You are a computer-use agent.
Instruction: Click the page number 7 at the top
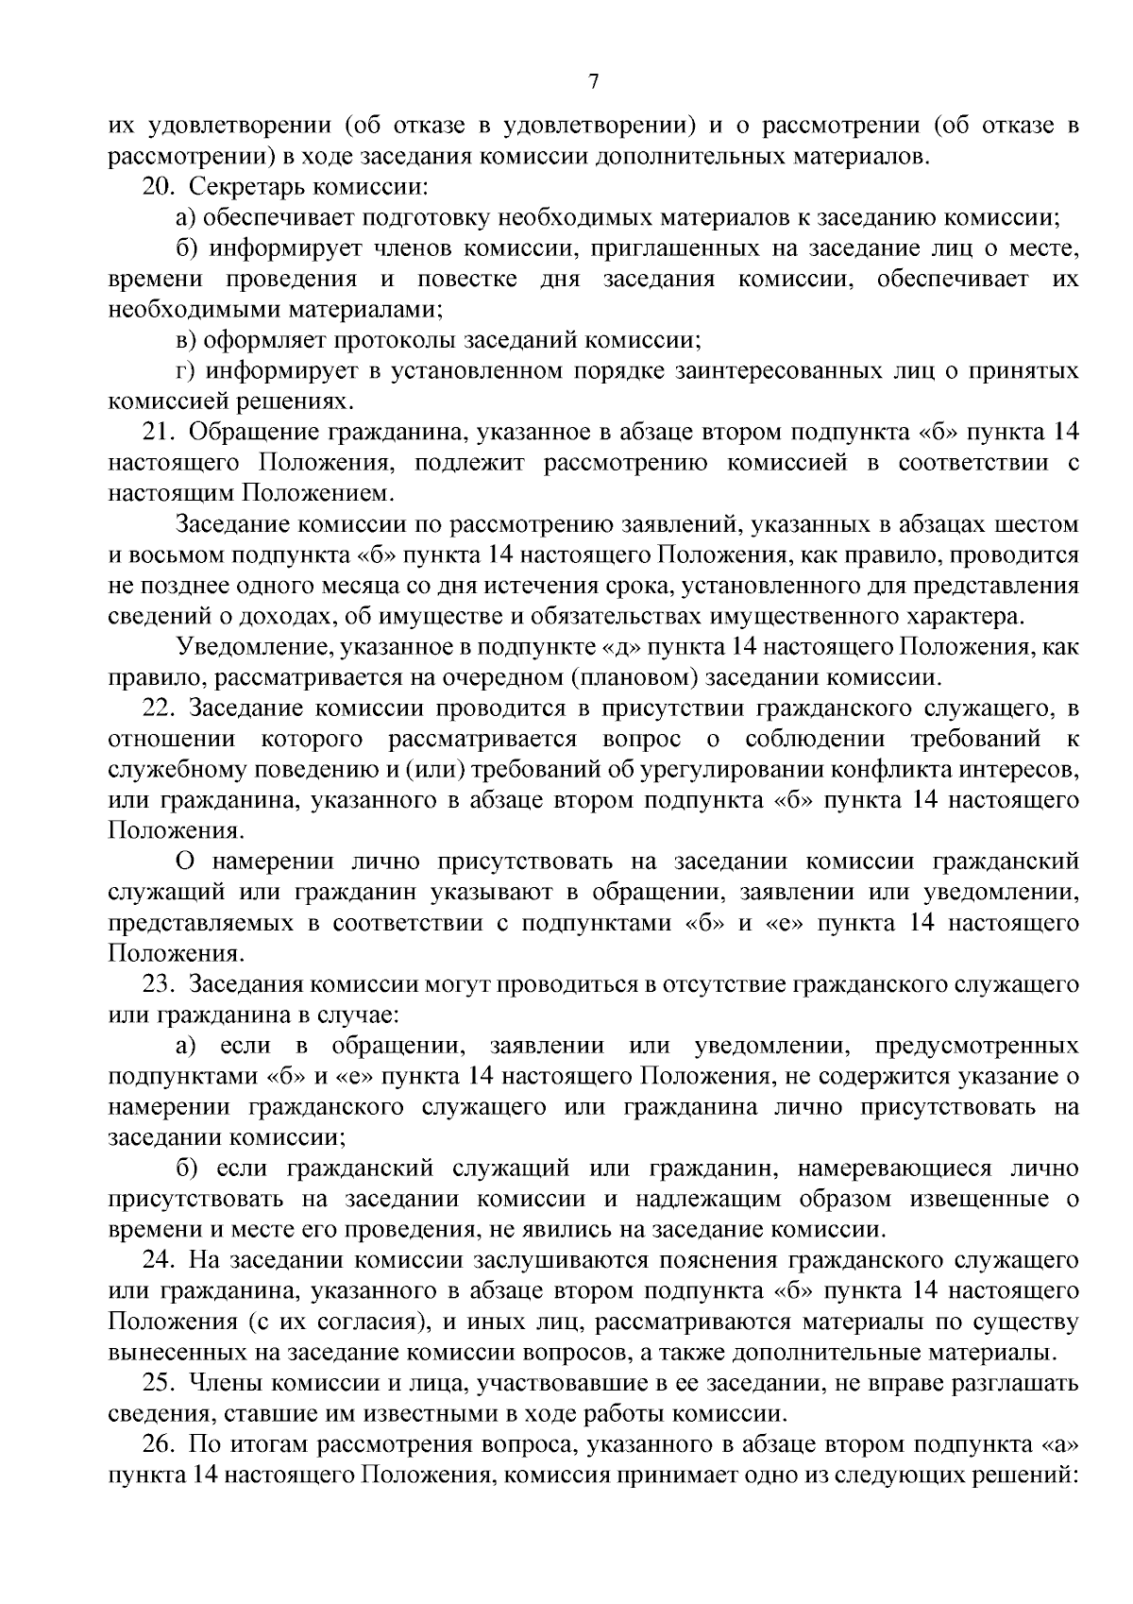click(x=593, y=82)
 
